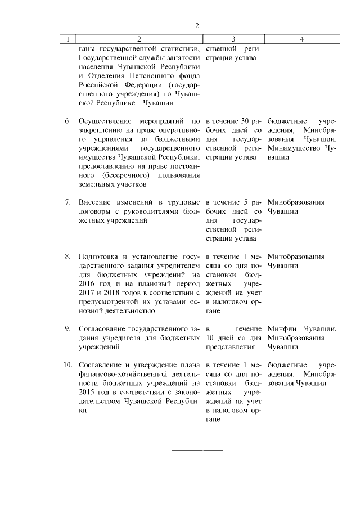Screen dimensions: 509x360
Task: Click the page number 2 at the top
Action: coord(197,25)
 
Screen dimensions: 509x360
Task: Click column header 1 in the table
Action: coord(68,39)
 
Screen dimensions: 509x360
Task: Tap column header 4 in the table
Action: coord(302,39)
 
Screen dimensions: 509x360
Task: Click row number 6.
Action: coord(68,121)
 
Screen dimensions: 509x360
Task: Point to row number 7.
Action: coord(68,202)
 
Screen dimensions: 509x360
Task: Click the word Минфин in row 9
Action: coord(282,328)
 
